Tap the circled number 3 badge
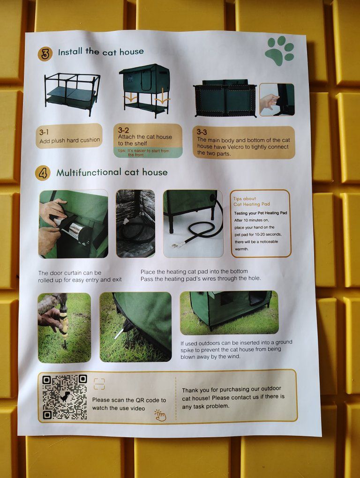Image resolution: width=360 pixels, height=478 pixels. [x=45, y=54]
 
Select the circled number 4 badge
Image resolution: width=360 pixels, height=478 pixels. [x=43, y=173]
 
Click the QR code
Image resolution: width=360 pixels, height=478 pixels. [x=65, y=397]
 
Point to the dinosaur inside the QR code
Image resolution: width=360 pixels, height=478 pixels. [x=65, y=396]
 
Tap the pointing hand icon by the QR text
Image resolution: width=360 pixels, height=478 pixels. [x=160, y=415]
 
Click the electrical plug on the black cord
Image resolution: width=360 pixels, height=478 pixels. [x=179, y=244]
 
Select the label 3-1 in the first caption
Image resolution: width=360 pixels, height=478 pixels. [x=44, y=132]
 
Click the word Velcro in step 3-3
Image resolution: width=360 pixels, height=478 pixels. [x=236, y=147]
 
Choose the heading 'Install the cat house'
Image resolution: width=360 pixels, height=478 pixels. [x=101, y=52]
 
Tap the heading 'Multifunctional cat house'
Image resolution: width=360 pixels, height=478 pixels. [x=112, y=172]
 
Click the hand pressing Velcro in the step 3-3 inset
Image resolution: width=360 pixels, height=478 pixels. [x=269, y=102]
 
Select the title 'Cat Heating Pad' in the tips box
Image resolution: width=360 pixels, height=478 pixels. [x=251, y=204]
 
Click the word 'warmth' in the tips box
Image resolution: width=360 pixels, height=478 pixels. [x=242, y=249]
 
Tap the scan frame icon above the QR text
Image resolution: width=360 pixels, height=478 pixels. [x=99, y=384]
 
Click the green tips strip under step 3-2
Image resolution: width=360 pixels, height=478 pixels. [x=148, y=153]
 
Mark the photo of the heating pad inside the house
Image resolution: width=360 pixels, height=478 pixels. [x=135, y=224]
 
